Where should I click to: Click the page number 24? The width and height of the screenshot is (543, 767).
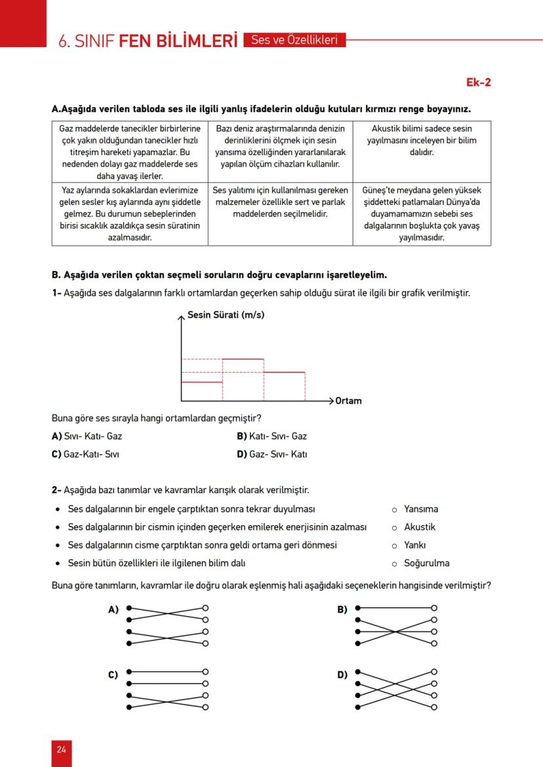[61, 749]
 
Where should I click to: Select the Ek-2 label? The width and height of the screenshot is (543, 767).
[478, 83]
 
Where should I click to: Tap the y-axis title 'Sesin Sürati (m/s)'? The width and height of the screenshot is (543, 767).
[226, 315]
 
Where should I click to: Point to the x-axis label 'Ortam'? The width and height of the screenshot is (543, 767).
[348, 401]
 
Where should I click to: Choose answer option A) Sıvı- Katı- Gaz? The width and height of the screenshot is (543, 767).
[87, 436]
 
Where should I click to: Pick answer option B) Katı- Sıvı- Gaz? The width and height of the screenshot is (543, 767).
[271, 436]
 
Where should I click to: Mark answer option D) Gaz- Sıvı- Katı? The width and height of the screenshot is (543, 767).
[271, 454]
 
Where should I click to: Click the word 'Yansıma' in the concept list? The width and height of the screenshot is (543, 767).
[421, 509]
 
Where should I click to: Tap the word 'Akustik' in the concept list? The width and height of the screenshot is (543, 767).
[420, 527]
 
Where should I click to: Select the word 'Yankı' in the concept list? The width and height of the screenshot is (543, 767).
[415, 545]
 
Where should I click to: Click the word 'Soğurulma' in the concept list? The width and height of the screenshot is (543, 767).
[426, 563]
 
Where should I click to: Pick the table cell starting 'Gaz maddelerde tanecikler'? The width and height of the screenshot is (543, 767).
[130, 151]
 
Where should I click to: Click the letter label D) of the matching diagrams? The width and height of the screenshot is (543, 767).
[342, 675]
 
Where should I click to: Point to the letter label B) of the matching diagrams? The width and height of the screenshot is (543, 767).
[342, 610]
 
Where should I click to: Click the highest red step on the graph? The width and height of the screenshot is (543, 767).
[243, 359]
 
